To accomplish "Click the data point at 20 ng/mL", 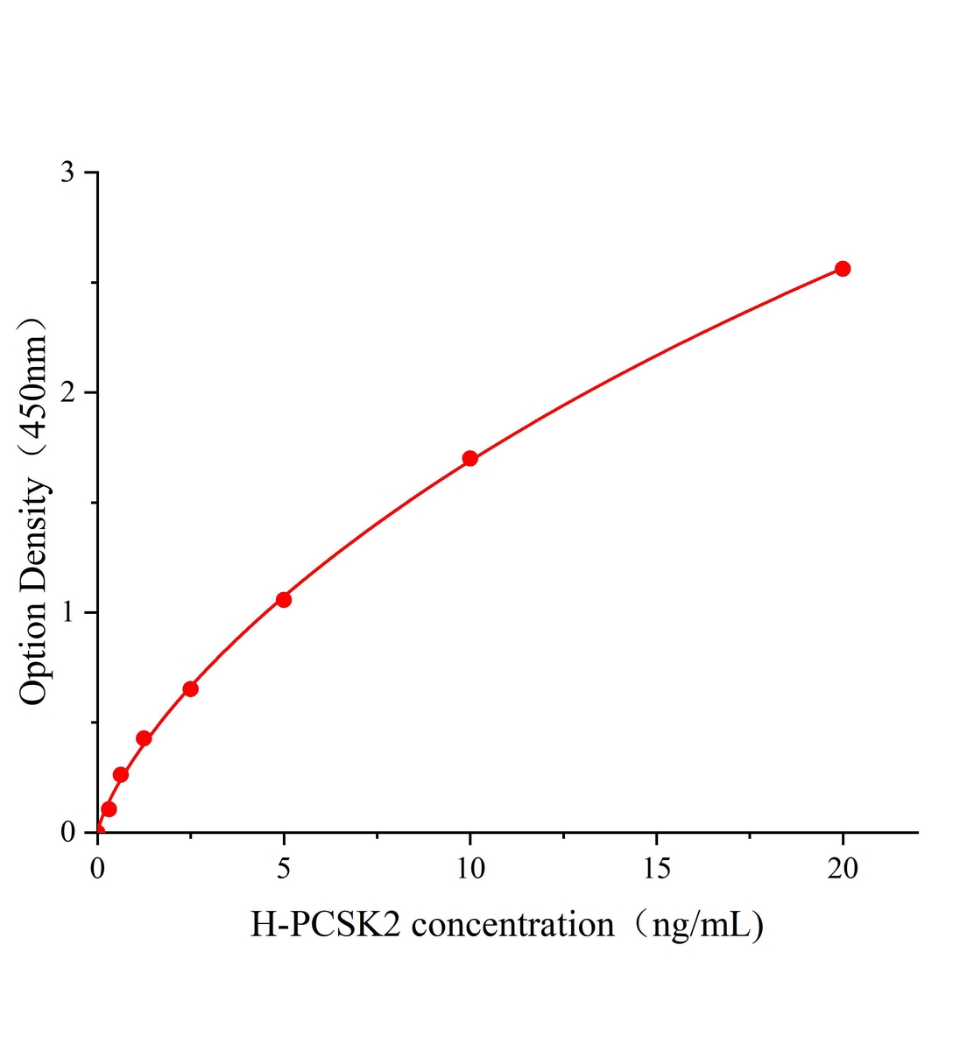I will pyautogui.click(x=843, y=268).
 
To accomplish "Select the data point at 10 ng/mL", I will pyautogui.click(x=469, y=458).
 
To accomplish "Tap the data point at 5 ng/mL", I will pyautogui.click(x=283, y=599).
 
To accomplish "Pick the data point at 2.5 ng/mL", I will pyautogui.click(x=190, y=688).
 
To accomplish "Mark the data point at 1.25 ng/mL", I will pyautogui.click(x=144, y=738).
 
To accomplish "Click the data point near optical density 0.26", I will pyautogui.click(x=121, y=774).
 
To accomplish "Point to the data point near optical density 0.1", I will pyautogui.click(x=109, y=808).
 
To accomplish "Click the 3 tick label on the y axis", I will pyautogui.click(x=67, y=173).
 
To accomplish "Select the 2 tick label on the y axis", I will pyautogui.click(x=67, y=392).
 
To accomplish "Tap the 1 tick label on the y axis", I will pyautogui.click(x=67, y=612).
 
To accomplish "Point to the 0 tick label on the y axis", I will pyautogui.click(x=67, y=832).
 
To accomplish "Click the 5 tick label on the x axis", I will pyautogui.click(x=283, y=868).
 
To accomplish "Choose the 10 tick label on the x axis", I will pyautogui.click(x=470, y=868).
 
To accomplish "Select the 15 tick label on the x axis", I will pyautogui.click(x=656, y=868).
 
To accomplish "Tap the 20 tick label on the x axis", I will pyautogui.click(x=843, y=868).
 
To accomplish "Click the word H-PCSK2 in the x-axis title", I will pyautogui.click(x=326, y=925).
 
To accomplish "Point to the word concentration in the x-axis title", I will pyautogui.click(x=512, y=925).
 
